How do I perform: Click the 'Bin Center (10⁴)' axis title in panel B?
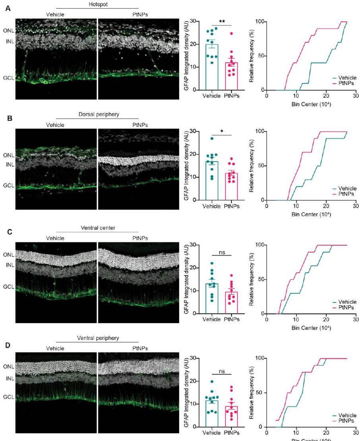pyautogui.click(x=311, y=215)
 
